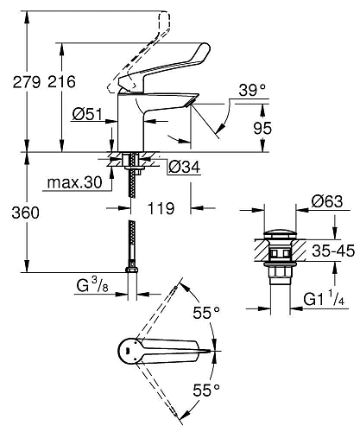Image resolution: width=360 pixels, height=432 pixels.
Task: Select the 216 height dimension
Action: pyautogui.click(x=60, y=82)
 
